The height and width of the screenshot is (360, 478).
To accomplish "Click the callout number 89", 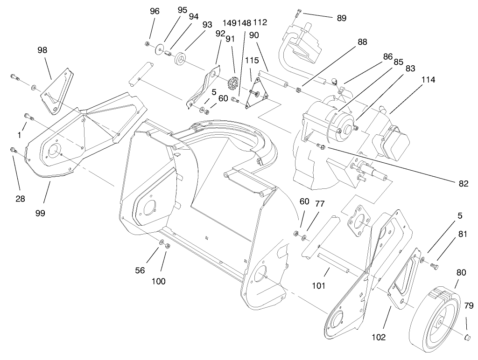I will (341, 18).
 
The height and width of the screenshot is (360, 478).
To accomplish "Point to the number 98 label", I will (42, 50).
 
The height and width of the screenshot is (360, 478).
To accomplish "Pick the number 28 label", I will (20, 199).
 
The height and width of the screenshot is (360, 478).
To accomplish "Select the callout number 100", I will (159, 281).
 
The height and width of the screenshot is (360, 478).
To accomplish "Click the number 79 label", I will (469, 306).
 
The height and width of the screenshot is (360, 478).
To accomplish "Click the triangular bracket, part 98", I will (57, 91).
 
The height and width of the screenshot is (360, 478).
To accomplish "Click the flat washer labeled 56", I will (161, 242).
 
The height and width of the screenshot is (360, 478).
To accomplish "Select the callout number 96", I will (155, 11).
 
